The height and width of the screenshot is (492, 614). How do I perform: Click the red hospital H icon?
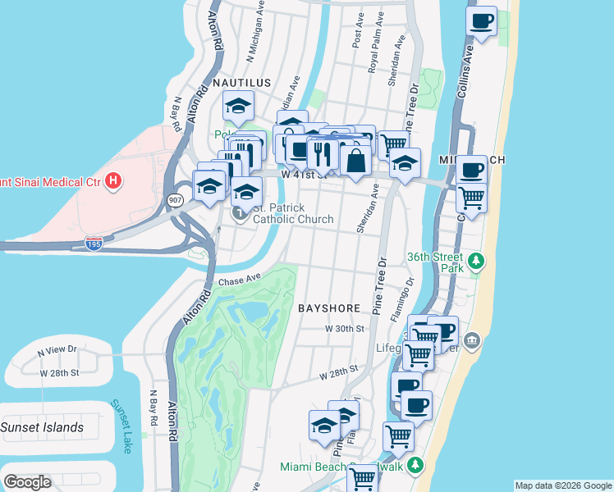tap(114, 180)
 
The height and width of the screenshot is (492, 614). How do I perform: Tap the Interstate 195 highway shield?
tap(94, 244)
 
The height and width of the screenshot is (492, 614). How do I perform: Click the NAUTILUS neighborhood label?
tap(241, 84)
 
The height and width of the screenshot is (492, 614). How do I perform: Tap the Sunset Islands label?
tap(42, 427)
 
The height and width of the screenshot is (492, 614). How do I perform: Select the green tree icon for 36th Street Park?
tap(476, 263)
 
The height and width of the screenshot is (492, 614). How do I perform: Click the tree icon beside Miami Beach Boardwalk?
tap(416, 466)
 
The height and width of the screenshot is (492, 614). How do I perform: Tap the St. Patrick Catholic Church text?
tap(293, 213)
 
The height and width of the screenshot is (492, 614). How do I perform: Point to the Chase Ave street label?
tap(239, 281)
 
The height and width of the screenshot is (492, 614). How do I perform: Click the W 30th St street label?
tap(344, 328)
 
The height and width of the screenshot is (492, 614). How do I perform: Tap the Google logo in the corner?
tap(27, 482)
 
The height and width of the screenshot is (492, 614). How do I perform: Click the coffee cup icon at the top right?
tap(482, 20)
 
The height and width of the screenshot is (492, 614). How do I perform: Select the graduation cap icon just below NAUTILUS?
tap(239, 107)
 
